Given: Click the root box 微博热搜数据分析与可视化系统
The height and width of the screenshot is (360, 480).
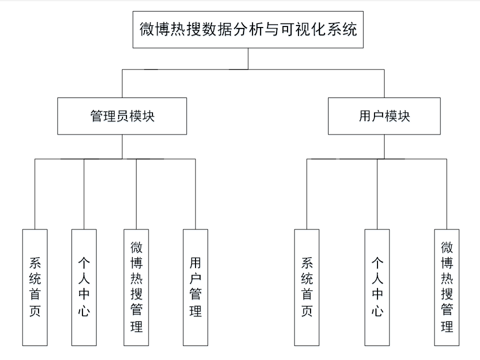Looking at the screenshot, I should tap(248, 30).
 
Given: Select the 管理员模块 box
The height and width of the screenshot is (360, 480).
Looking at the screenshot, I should tap(122, 116).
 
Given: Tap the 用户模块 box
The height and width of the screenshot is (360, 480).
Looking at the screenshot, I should tap(384, 116).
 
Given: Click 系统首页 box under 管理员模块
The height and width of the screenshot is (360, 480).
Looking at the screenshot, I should tap(35, 287).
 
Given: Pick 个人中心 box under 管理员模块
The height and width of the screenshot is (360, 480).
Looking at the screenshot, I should tap(83, 287).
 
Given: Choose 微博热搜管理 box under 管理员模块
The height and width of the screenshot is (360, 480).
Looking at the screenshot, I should tap(136, 287).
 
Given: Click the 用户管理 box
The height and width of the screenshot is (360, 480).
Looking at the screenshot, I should tap(195, 287).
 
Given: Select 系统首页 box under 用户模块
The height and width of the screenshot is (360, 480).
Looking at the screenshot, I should tap(306, 287).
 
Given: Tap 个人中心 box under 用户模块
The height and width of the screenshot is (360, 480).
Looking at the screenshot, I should tap(377, 287).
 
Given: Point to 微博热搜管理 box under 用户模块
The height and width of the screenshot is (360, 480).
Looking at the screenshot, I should tap(446, 287).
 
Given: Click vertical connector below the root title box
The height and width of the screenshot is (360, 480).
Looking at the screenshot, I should tap(248, 59).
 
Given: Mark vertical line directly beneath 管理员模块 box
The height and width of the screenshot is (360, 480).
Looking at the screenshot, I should tap(122, 146).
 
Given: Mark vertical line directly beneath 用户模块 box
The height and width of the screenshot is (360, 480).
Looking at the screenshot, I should tap(384, 146).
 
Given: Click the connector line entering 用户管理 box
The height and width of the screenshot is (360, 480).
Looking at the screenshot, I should tap(195, 195).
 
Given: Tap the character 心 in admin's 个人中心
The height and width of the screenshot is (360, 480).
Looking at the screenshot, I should tap(83, 311).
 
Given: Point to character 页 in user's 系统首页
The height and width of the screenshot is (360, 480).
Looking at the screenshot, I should tap(306, 311).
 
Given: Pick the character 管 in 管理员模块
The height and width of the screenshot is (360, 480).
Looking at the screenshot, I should tap(96, 116).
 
